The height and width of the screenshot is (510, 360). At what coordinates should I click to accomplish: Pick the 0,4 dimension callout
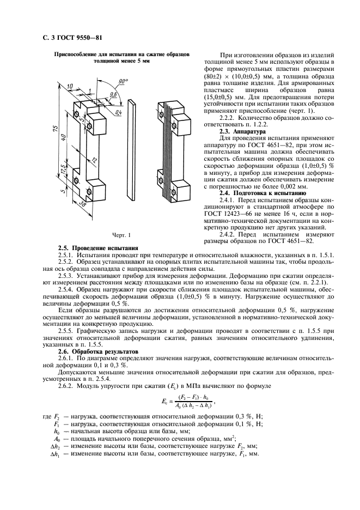click(x=118, y=113)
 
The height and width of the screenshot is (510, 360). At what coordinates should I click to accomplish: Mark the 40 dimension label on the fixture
click(x=64, y=151)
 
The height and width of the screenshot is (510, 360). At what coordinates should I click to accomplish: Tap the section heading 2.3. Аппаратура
click(x=241, y=131)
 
